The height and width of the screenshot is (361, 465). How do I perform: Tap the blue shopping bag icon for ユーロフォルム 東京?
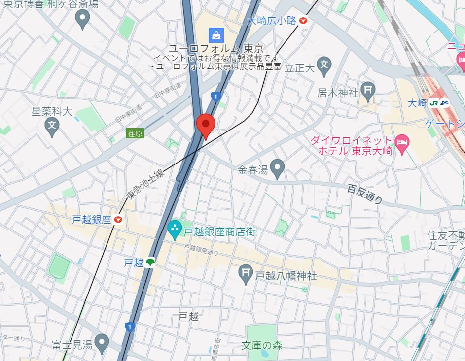tap(216, 34)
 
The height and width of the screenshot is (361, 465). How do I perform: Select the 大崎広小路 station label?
tap(272, 20)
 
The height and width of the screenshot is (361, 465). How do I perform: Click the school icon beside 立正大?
tap(323, 65)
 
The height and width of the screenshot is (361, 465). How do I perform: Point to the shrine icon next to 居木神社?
tap(368, 89)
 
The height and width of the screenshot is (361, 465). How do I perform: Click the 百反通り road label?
tap(365, 194)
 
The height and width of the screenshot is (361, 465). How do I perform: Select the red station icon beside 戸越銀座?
tap(118, 220)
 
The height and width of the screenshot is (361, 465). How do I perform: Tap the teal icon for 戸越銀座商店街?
tap(174, 229)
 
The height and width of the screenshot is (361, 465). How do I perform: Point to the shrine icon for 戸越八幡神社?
tap(245, 272)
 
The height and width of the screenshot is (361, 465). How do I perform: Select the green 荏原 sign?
tap(135, 133)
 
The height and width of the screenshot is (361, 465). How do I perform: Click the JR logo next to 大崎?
tap(433, 103)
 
